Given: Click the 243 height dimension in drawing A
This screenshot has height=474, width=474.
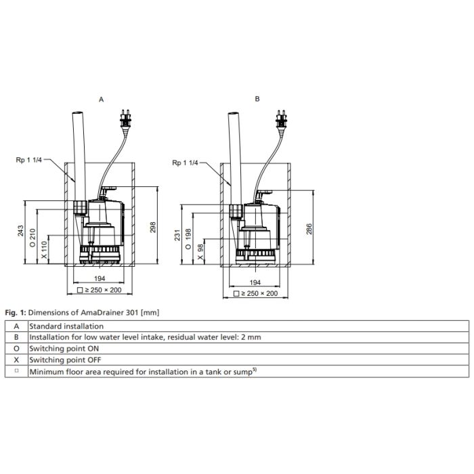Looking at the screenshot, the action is [20, 231].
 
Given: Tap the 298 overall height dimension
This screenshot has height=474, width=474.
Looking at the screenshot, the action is [153, 227].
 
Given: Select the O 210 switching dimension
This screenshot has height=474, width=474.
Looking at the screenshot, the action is [33, 238].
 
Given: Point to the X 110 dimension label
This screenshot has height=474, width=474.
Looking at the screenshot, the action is [45, 250].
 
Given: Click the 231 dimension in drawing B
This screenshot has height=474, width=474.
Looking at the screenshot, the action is [177, 235].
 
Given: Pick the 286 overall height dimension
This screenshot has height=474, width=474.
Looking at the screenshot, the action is [309, 229].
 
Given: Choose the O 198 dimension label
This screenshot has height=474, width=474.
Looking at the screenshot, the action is [188, 239].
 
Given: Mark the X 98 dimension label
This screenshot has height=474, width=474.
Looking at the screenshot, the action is [200, 252].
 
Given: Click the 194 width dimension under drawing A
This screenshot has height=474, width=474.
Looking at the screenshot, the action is [100, 279].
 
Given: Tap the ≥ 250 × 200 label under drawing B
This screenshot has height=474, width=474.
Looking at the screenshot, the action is [256, 293].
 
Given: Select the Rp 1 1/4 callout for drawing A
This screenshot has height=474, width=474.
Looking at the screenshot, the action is [28, 160].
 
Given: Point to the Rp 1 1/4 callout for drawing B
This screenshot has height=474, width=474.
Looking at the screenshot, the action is [185, 163].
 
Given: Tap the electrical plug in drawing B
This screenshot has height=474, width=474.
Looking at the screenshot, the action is [282, 121].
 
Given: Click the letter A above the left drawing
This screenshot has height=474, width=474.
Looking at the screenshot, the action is [102, 100].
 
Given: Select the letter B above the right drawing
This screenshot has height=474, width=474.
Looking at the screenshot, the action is [257, 99].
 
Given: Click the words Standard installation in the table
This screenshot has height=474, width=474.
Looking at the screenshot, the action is [66, 326].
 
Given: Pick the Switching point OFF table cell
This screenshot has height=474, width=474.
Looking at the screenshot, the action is [249, 360].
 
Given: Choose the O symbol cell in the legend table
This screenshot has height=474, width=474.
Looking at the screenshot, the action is [16, 349].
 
